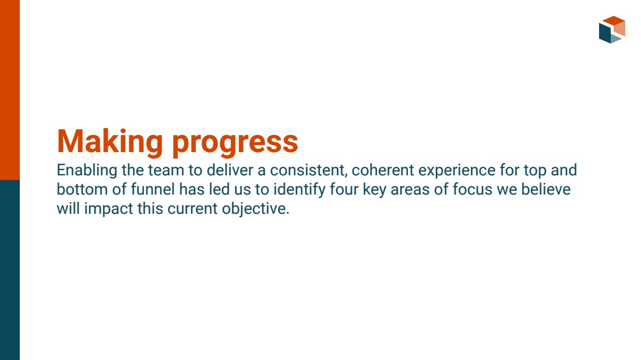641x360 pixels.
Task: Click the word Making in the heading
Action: pyautogui.click(x=110, y=142)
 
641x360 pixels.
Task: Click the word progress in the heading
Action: pyautogui.click(x=235, y=144)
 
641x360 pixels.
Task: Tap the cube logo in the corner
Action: pyautogui.click(x=612, y=30)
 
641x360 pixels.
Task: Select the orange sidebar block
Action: pyautogui.click(x=10, y=90)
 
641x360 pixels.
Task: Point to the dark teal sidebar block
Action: pyautogui.click(x=10, y=270)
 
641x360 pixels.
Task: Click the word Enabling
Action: pyautogui.click(x=87, y=171)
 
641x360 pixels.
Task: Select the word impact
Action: pyautogui.click(x=108, y=209)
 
